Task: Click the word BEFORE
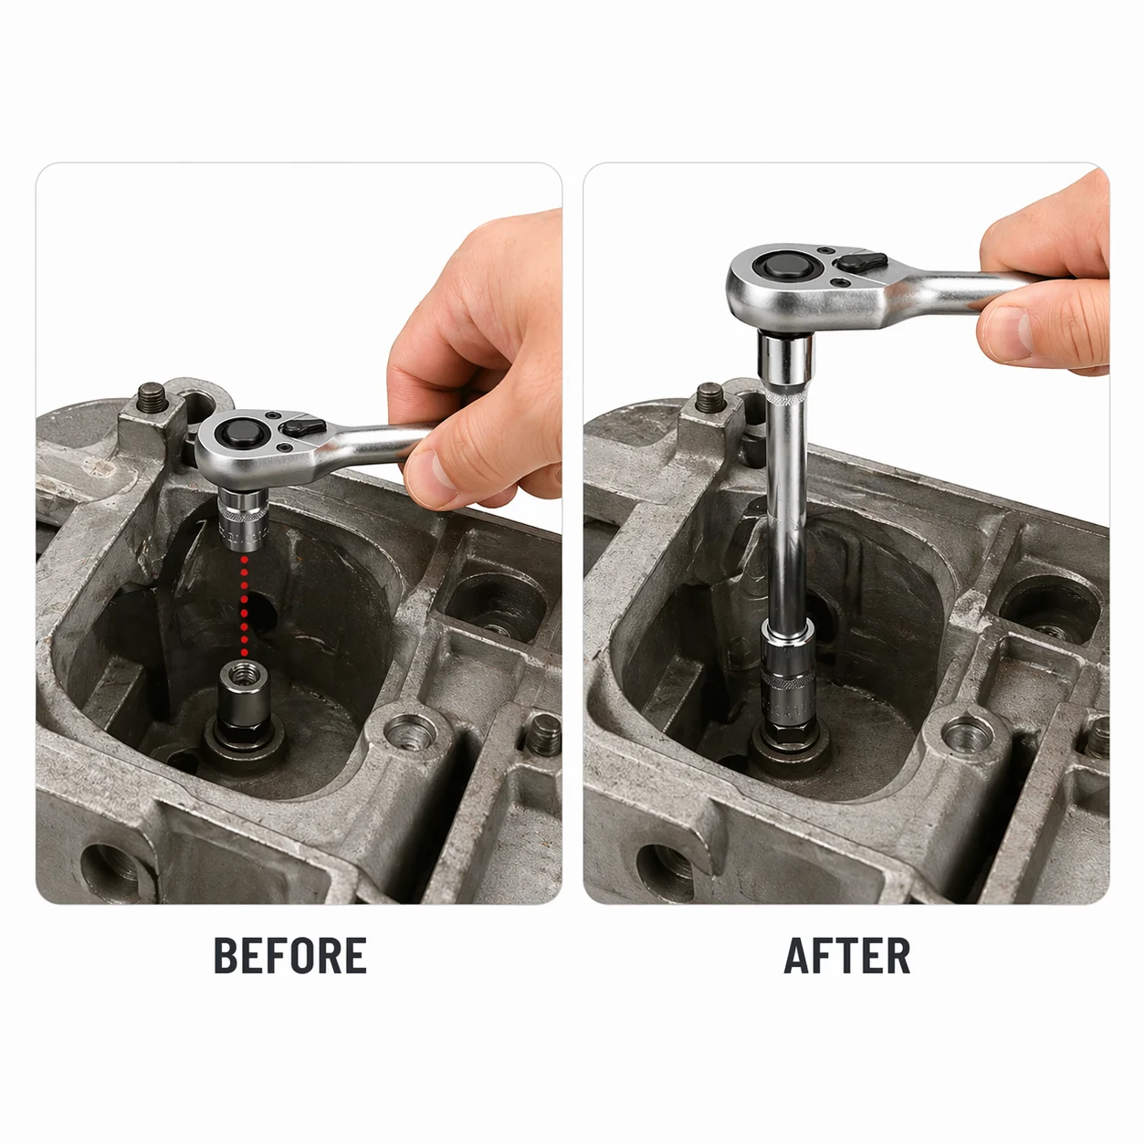[x=290, y=955]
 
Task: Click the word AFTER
[x=846, y=955]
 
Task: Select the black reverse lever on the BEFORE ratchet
[x=303, y=425]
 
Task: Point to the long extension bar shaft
[x=783, y=493]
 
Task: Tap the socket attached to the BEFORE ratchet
[x=244, y=518]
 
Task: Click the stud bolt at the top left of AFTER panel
[x=710, y=399]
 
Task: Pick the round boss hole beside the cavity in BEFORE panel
[x=408, y=733]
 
